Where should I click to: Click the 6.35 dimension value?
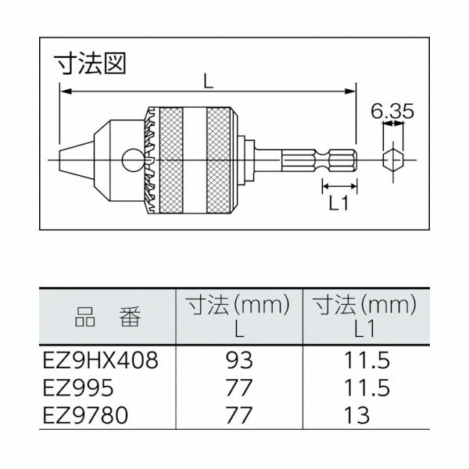[x=392, y=112]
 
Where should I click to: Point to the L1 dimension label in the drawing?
[x=338, y=204]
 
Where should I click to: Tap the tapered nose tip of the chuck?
[x=72, y=162]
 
